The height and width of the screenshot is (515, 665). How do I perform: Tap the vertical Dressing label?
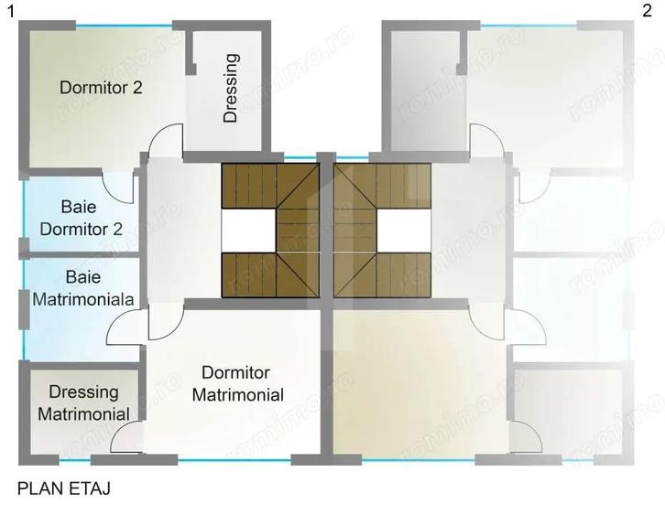coord(231,88)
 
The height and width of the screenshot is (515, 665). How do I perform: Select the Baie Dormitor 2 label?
coord(81,218)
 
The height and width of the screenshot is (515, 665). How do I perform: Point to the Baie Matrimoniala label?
coord(83,287)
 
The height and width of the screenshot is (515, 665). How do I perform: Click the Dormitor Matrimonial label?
coord(242,384)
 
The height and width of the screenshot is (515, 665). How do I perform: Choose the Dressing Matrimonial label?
coord(83,402)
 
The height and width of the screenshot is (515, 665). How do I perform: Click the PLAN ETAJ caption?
coord(63,489)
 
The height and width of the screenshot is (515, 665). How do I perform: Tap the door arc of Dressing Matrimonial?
coord(125,438)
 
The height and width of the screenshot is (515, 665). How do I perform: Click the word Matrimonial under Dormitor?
coord(242,395)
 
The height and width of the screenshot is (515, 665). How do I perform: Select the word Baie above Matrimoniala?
coord(83,275)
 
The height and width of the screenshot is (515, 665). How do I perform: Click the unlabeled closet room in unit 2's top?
coord(424,88)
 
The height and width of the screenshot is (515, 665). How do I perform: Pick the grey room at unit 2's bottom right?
coord(569,407)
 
